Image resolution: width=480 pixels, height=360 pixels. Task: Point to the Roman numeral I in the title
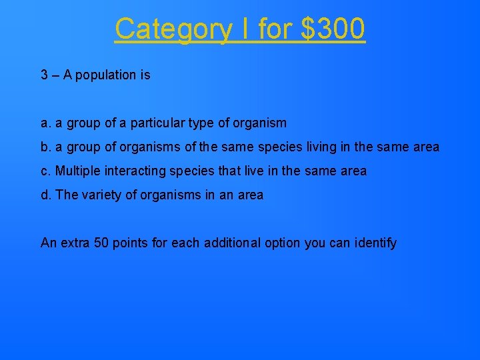click(x=243, y=29)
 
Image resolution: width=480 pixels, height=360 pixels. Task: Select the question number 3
click(x=44, y=75)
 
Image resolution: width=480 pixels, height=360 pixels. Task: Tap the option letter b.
click(x=45, y=147)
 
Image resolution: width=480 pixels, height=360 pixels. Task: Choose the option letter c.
click(x=45, y=171)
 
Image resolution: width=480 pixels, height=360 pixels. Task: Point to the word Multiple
click(x=77, y=171)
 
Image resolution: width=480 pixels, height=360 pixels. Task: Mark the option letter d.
click(x=45, y=195)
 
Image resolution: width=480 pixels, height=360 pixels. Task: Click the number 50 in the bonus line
click(x=101, y=243)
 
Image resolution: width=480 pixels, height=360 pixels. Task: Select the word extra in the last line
click(x=75, y=243)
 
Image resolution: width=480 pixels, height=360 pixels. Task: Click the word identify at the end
click(x=375, y=243)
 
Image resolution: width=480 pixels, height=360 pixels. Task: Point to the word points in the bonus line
click(x=131, y=243)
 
